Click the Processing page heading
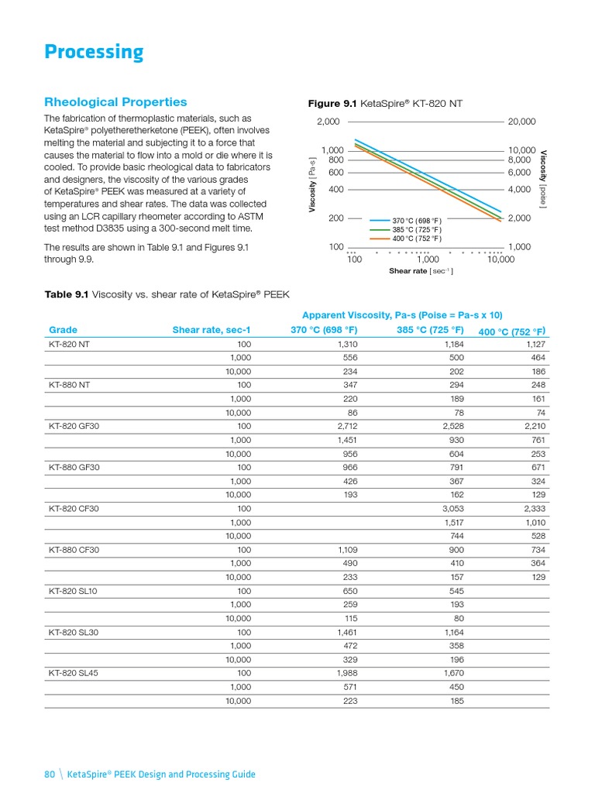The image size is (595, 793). (x=94, y=53)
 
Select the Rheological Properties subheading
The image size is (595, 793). (x=115, y=102)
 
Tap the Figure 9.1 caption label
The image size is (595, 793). (x=335, y=104)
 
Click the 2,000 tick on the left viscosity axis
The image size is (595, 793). (x=328, y=122)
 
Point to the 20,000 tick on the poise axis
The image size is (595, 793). (x=521, y=122)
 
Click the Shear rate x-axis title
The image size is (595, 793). (x=421, y=271)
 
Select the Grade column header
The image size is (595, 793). (x=63, y=330)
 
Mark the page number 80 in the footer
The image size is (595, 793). (x=50, y=774)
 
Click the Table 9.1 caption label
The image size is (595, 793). (x=67, y=294)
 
